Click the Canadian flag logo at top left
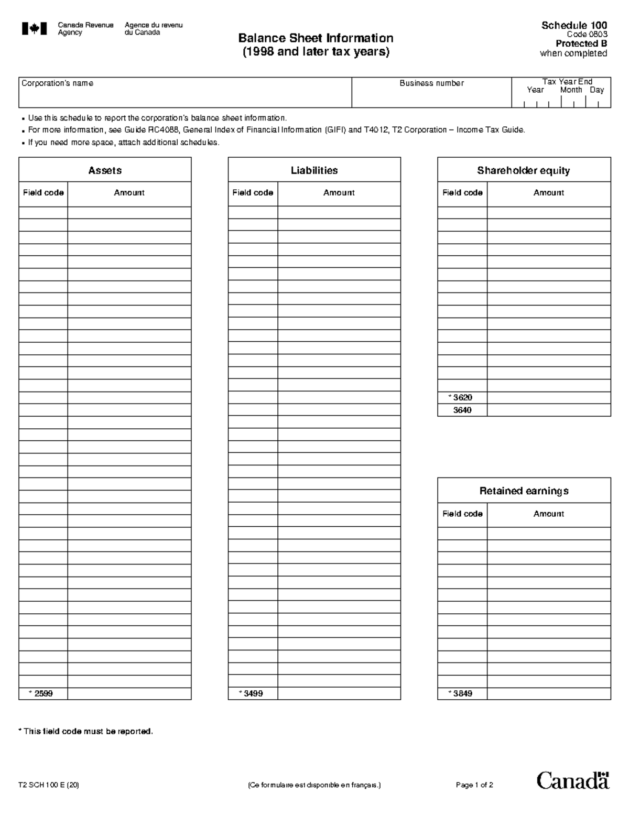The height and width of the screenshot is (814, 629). tap(34, 29)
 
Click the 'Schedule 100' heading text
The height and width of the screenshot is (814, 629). tap(574, 25)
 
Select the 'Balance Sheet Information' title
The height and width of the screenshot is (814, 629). tap(316, 38)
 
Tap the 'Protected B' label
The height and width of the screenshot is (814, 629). tap(581, 44)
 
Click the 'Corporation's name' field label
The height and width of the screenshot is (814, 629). tap(57, 83)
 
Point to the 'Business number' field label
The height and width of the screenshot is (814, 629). tap(431, 83)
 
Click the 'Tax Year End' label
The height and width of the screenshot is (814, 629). tap(567, 81)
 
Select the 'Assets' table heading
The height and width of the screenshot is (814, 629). tap(105, 170)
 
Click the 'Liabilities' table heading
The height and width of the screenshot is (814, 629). tap(314, 170)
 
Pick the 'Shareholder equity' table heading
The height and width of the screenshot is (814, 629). tap(523, 170)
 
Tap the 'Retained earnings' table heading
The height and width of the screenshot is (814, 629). tap(524, 491)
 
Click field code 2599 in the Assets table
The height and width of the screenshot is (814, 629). tap(44, 693)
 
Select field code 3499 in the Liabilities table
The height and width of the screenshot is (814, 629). tap(253, 693)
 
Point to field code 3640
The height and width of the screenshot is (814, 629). tap(462, 410)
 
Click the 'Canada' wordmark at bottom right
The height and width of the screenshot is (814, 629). tap(573, 780)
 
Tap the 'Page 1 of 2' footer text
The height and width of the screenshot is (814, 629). tap(474, 785)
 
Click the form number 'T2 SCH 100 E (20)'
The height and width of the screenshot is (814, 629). tap(49, 785)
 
